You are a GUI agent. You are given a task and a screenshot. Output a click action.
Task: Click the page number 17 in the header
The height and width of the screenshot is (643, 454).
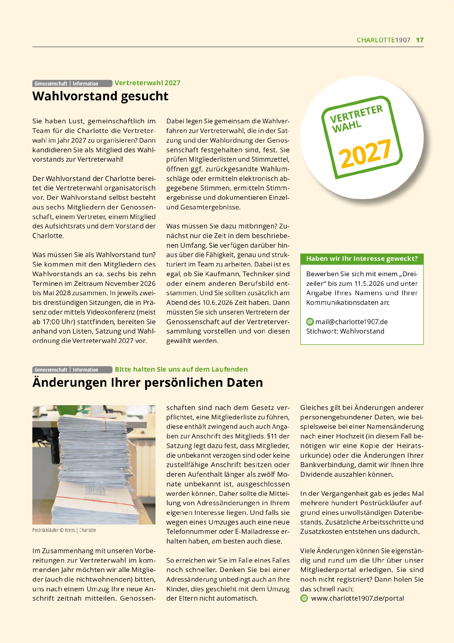(420, 40)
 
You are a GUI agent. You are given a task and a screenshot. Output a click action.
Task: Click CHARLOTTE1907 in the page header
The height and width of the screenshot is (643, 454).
(383, 40)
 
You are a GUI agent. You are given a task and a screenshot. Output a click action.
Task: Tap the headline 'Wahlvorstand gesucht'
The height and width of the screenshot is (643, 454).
(100, 96)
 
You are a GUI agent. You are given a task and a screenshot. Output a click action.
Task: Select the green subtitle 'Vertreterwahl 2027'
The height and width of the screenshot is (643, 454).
(148, 83)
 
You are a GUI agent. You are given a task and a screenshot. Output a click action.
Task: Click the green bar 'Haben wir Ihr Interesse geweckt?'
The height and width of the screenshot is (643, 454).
(362, 259)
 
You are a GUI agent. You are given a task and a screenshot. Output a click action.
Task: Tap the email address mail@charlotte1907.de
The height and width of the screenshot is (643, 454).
(351, 322)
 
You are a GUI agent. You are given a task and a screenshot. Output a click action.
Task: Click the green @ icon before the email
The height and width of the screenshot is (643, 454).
(310, 322)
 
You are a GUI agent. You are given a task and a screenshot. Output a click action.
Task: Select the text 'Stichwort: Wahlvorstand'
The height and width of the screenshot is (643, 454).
(345, 331)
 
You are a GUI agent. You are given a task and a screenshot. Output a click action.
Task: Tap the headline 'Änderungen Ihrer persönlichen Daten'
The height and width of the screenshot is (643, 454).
(148, 382)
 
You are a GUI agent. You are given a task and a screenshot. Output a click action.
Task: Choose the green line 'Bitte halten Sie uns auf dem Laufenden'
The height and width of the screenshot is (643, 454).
(181, 369)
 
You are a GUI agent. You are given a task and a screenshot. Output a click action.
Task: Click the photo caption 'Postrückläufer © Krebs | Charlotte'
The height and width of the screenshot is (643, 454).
(64, 530)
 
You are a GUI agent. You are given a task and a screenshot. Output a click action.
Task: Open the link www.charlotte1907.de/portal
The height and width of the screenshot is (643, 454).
(358, 598)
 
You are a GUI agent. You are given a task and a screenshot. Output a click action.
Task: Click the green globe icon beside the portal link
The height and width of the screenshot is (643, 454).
(304, 598)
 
